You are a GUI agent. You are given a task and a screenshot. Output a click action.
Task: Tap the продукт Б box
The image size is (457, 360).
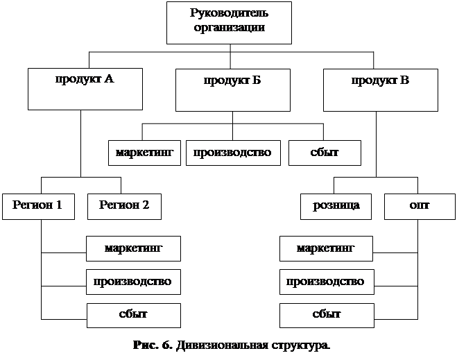[232, 89]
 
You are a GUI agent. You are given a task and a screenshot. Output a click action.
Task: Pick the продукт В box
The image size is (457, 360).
[380, 89]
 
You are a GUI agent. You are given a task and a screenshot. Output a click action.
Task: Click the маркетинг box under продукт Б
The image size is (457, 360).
[144, 153]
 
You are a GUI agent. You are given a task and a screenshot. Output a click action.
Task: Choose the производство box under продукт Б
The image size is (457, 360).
[232, 153]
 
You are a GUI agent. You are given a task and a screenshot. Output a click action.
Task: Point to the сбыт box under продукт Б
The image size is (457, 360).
[324, 153]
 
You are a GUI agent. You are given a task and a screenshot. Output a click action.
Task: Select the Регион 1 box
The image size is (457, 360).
[37, 206]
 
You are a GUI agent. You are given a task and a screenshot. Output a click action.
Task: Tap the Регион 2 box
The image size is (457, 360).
[124, 206]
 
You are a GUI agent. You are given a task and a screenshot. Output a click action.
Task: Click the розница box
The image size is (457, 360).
[336, 206]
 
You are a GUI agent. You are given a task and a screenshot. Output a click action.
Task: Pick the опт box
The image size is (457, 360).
[419, 206]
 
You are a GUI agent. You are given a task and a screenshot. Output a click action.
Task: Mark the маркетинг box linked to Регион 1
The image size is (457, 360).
[134, 248]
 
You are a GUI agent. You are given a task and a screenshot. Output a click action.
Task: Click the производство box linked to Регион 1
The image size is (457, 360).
[134, 282]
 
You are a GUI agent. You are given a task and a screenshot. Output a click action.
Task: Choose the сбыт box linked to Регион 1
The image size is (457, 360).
[134, 315]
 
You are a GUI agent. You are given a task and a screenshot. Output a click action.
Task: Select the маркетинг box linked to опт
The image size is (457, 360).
[326, 248]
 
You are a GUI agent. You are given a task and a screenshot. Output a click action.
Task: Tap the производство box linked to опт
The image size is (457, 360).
[326, 282]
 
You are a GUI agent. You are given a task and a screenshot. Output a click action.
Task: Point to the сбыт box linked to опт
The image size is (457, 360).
[326, 315]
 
